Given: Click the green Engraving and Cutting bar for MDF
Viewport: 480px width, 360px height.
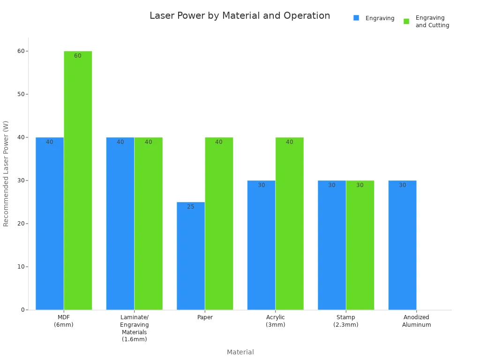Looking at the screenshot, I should tap(78, 180).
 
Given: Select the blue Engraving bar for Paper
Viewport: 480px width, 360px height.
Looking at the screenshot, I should tap(191, 256).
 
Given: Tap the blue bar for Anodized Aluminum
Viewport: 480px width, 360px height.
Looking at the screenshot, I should tap(402, 245).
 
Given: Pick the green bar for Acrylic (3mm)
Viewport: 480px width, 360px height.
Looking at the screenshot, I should tap(289, 224).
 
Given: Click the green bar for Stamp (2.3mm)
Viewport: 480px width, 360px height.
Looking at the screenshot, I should tap(360, 245).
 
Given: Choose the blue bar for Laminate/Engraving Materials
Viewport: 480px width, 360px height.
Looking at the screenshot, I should tap(120, 224).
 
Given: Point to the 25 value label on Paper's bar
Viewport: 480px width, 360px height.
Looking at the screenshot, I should tap(191, 207).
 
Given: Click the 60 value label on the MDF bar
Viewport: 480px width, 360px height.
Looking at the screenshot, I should tap(78, 56).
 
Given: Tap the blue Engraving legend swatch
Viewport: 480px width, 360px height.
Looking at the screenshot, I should tap(356, 18).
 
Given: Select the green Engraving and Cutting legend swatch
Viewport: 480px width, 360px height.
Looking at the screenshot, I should tap(406, 21).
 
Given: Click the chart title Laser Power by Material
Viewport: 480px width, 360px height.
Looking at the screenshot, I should tap(240, 16).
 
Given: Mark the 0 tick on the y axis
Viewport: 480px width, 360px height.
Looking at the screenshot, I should tap(22, 310).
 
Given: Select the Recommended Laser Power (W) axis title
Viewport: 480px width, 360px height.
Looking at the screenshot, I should tap(6, 173).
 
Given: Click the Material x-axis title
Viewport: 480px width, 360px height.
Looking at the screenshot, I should tap(240, 352).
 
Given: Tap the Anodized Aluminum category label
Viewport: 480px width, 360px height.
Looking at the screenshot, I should tap(416, 321).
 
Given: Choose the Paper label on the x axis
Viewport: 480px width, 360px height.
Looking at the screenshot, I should tap(205, 317).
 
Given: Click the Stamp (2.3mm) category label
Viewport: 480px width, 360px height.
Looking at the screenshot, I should tap(346, 321).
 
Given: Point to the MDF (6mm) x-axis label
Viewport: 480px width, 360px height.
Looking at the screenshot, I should tap(64, 321).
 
